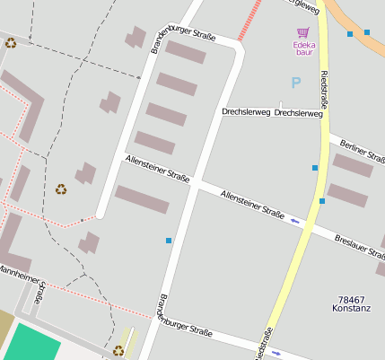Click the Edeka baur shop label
[302, 47]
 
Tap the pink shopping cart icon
[302, 32]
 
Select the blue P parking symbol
[295, 83]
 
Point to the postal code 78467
[352, 300]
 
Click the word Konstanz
[352, 310]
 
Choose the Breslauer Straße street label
[358, 243]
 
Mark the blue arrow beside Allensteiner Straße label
[294, 219]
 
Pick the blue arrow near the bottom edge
[276, 353]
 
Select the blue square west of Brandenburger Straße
[168, 241]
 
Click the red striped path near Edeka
[250, 20]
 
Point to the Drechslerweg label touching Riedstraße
[299, 114]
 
